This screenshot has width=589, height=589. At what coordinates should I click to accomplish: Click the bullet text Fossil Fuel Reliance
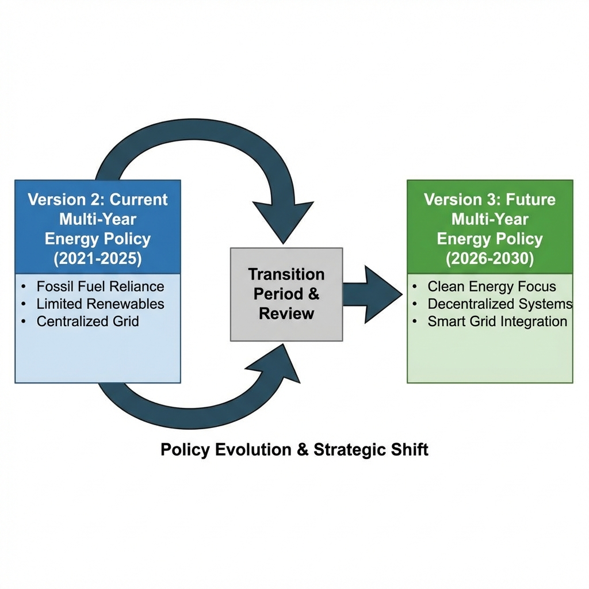coord(100,286)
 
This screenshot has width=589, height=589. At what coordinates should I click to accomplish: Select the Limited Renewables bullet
coord(100,304)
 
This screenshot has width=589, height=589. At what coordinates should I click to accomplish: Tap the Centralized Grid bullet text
coord(87,321)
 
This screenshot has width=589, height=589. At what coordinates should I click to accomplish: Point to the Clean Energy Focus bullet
coord(491,286)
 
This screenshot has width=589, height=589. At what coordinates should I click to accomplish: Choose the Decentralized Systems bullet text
coord(499,304)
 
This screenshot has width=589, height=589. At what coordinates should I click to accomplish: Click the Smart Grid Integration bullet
coord(497,322)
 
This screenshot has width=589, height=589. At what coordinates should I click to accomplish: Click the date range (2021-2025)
coord(97,258)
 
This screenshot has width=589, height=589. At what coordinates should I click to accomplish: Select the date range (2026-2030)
coord(489,258)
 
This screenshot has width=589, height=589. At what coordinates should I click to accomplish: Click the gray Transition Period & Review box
coord(286,294)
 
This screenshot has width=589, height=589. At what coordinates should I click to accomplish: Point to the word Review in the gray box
coord(286,313)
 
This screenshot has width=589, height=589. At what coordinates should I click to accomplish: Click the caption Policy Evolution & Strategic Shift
coord(294,449)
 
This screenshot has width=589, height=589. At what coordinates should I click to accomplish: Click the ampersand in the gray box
coord(313,294)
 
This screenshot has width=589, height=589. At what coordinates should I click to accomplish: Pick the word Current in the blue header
coord(139,200)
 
